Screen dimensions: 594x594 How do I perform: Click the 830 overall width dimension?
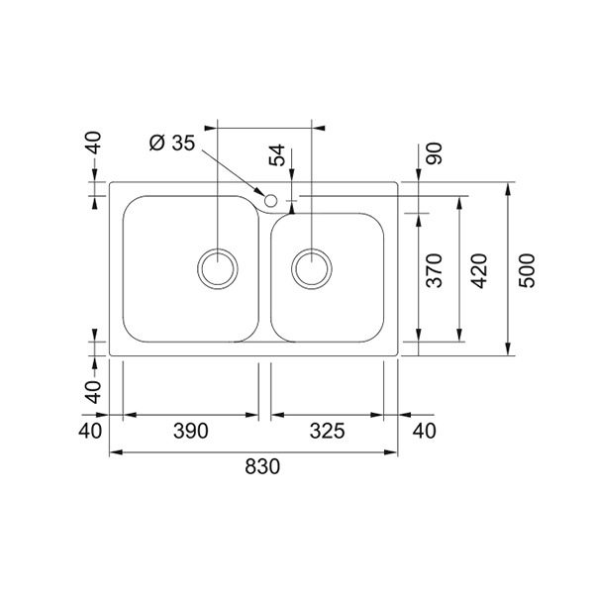point(262,466)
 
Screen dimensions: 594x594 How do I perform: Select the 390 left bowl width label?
point(190,431)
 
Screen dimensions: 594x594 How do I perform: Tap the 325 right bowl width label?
point(328,431)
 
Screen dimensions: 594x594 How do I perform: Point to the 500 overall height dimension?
point(527,270)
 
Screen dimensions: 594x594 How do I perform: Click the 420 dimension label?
point(479,270)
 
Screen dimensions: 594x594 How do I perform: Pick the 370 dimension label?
point(435,270)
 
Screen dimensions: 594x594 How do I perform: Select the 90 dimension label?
point(435,153)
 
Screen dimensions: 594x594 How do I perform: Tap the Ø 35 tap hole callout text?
point(172,143)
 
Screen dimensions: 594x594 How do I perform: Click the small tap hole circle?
point(270,200)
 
